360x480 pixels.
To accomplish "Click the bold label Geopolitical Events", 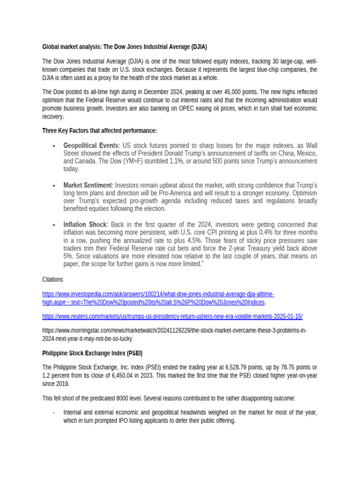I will [91, 146].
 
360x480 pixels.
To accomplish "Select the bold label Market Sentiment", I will [88, 186].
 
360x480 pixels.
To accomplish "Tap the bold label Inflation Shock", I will [84, 225].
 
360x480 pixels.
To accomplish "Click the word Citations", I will [52, 279].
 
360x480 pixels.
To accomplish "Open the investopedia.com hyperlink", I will [158, 297].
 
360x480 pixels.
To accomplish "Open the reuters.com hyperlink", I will [172, 316].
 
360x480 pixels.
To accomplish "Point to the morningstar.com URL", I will [174, 334].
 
